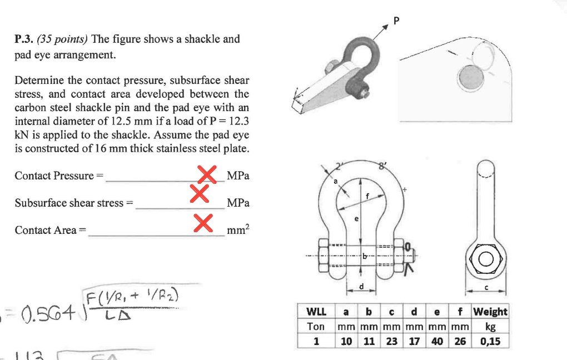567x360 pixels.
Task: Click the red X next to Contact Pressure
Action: coord(207,173)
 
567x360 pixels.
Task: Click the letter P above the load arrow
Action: coord(396,21)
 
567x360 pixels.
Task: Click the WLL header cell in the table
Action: coord(316,312)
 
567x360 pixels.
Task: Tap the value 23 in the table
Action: coord(391,341)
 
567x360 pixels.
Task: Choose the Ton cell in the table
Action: coord(316,326)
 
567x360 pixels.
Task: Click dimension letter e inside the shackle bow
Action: coord(356,219)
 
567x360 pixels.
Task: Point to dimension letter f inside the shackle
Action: coord(367,195)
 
